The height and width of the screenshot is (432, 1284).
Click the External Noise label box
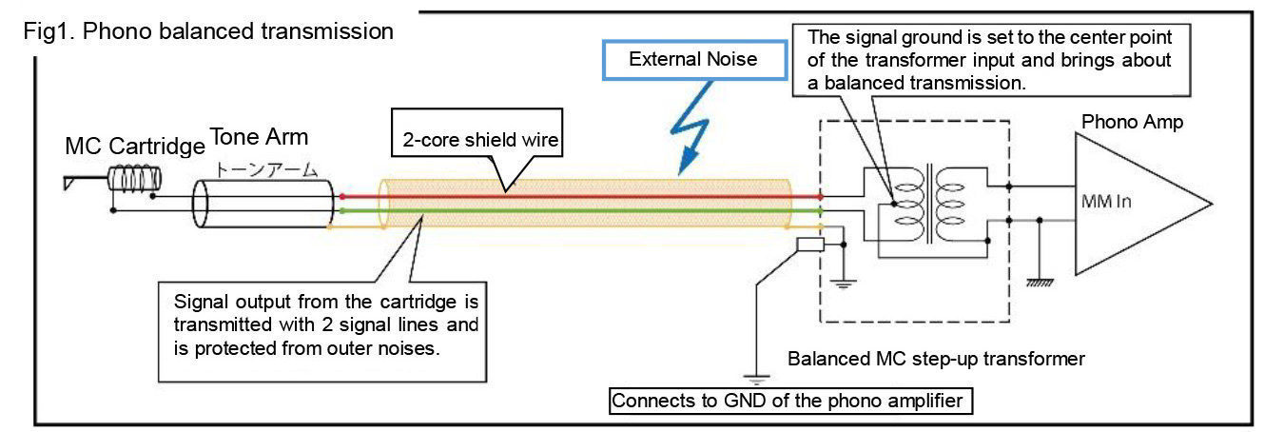click(x=693, y=59)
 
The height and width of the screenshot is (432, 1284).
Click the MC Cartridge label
click(x=134, y=147)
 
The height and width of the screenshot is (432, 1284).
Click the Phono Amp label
click(x=1132, y=123)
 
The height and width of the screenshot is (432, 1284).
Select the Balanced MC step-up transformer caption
click(x=936, y=360)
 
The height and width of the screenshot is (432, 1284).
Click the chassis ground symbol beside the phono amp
click(x=1040, y=281)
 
